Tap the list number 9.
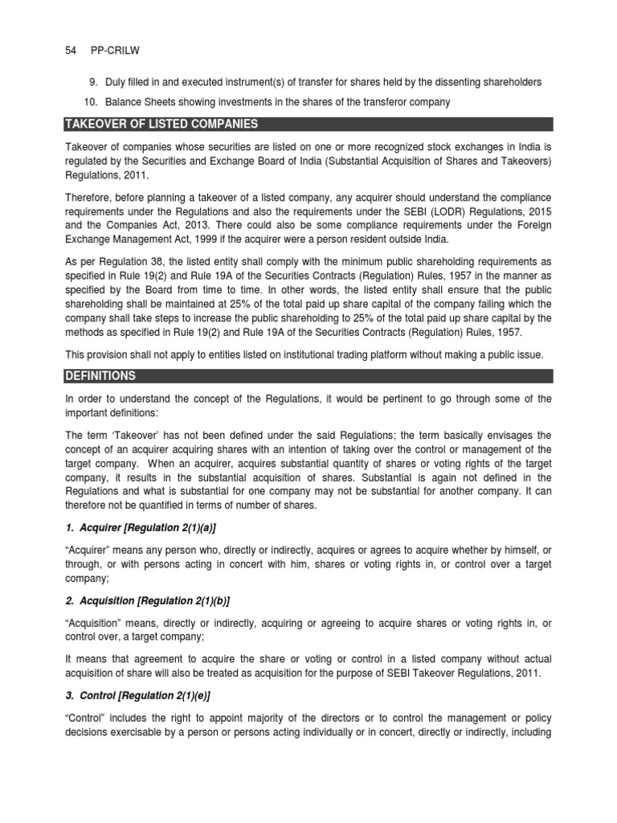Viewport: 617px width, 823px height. [x=91, y=82]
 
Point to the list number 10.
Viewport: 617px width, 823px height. [x=88, y=102]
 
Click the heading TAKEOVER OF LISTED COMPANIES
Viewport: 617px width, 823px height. [x=161, y=124]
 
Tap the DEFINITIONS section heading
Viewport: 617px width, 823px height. [x=101, y=376]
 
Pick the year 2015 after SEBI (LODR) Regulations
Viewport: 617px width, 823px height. [x=538, y=211]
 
